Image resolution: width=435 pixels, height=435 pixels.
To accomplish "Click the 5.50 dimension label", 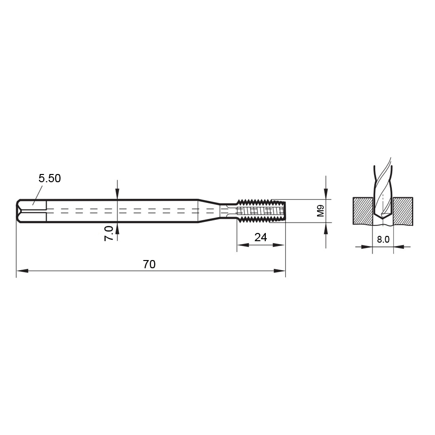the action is [50, 178].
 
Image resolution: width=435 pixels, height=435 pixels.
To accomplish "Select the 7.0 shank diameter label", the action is [109, 233].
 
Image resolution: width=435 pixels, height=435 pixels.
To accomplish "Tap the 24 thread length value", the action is [261, 237].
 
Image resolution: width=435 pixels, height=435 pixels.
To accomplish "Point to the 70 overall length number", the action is [149, 264].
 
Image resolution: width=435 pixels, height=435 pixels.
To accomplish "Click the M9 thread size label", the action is [321, 211].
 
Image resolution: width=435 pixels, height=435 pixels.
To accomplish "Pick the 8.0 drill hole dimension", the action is [383, 239].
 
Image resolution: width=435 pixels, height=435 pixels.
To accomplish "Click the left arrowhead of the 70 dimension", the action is [22, 271].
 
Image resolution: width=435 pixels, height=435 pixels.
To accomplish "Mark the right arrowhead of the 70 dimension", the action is [279, 271].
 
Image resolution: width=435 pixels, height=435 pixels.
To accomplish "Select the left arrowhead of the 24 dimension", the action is [243, 245].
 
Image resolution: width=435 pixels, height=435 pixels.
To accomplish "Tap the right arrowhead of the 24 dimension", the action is [278, 245].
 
